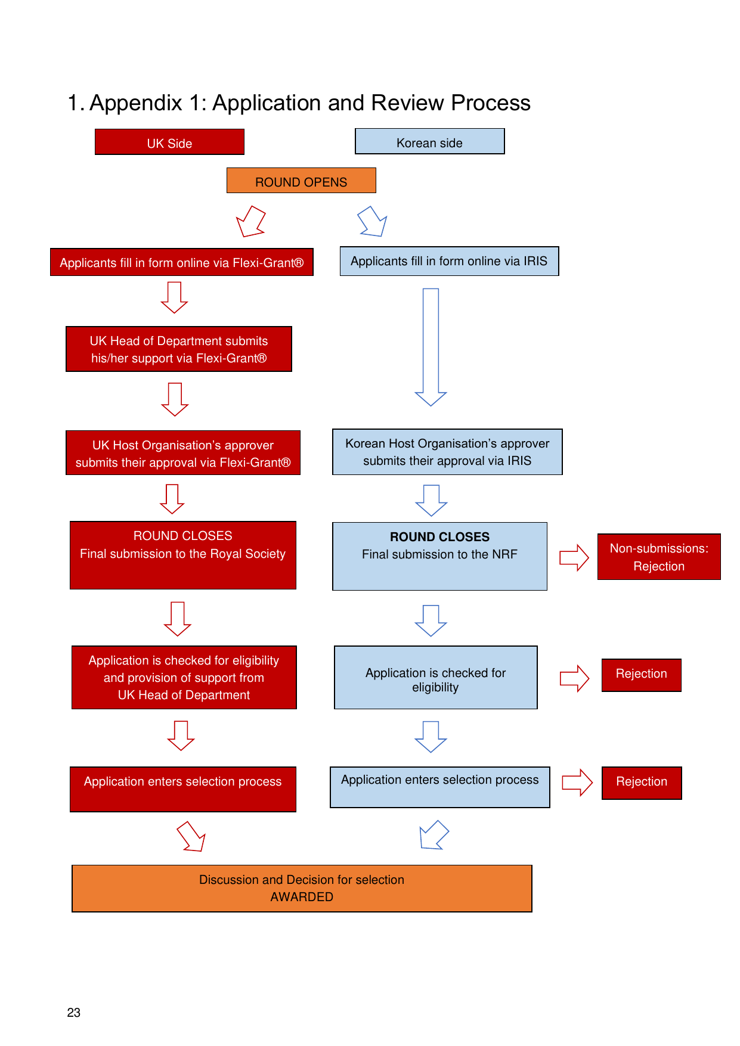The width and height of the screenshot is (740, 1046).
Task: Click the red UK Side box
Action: [x=169, y=142]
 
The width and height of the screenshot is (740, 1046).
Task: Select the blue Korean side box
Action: [x=430, y=141]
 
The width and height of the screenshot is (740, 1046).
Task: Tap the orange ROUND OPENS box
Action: [x=301, y=180]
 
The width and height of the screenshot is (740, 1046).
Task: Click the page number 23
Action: [x=74, y=1013]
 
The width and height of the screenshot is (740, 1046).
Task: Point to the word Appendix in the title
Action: [x=136, y=103]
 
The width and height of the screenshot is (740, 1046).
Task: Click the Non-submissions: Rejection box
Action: [x=659, y=557]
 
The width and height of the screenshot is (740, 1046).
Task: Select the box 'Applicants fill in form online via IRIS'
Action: [x=449, y=261]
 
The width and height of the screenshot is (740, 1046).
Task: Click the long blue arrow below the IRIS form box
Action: [x=431, y=347]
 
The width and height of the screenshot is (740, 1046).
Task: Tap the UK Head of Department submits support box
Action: [x=179, y=349]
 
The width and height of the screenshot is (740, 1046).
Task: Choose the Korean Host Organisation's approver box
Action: [x=447, y=452]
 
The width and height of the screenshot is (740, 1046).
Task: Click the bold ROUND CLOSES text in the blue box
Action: [x=439, y=536]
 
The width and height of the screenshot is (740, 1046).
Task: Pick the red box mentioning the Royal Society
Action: [x=183, y=555]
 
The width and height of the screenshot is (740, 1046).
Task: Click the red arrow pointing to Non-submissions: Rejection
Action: [x=574, y=557]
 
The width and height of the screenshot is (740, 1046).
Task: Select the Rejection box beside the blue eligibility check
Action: [x=642, y=675]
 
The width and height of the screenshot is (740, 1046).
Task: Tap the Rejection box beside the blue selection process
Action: [x=642, y=783]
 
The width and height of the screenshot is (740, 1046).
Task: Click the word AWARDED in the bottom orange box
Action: [x=302, y=897]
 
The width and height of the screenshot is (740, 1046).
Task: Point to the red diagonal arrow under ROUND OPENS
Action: [x=251, y=221]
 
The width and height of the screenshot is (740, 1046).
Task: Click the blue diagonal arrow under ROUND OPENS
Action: [x=372, y=221]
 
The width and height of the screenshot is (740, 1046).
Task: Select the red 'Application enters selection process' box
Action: [x=183, y=789]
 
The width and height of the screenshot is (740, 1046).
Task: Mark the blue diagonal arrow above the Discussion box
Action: [x=434, y=834]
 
